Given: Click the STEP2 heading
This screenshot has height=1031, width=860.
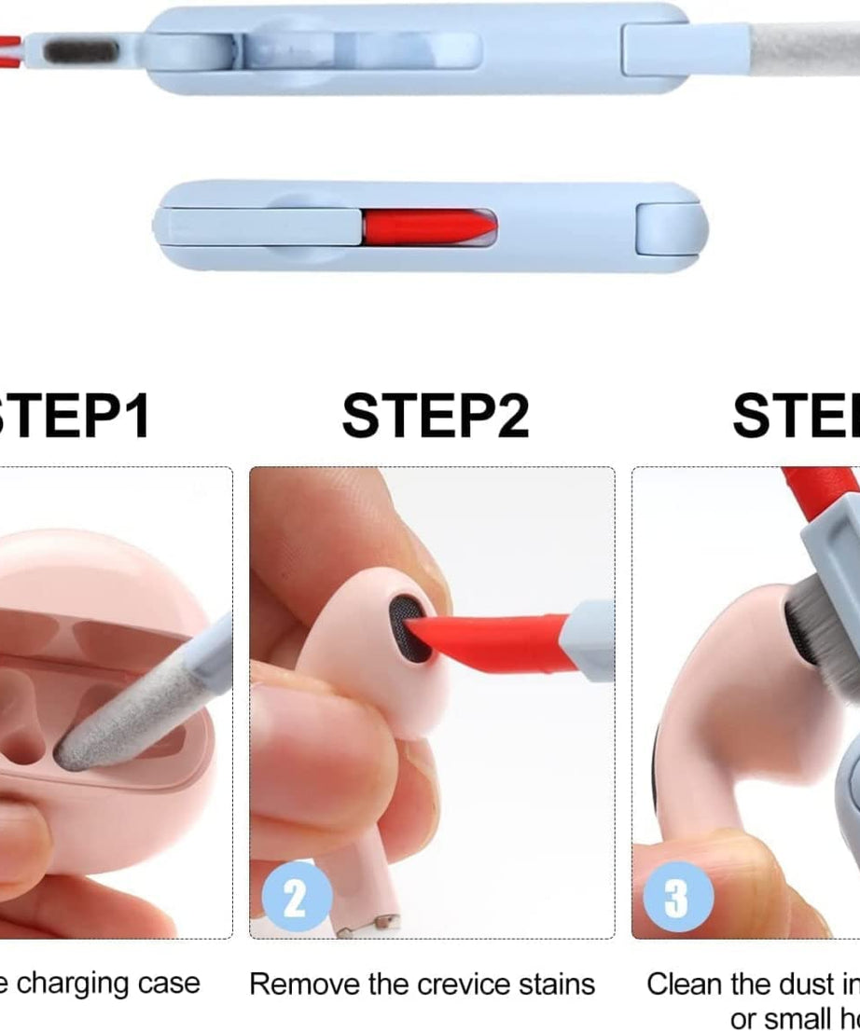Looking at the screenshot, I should (x=435, y=416).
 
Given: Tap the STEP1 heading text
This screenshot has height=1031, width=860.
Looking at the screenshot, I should (x=75, y=416).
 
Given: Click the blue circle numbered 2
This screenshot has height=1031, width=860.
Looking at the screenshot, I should (x=295, y=897).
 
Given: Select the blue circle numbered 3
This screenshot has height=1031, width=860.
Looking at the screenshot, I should (x=675, y=897).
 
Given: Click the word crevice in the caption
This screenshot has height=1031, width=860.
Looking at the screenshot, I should (x=468, y=984).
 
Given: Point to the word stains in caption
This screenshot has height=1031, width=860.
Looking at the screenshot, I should (x=558, y=984).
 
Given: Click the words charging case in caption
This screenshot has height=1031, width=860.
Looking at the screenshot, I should (x=109, y=984).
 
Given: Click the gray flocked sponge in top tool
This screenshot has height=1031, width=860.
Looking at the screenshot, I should (x=76, y=48).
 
